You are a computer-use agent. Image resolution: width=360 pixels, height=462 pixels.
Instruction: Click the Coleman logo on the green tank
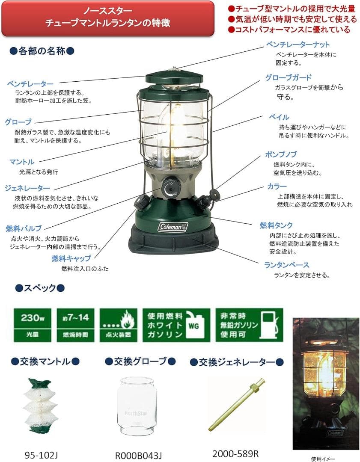(173, 227)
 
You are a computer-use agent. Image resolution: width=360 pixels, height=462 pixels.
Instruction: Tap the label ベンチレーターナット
(298, 44)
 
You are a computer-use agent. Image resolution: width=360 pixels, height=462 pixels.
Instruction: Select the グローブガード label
(289, 77)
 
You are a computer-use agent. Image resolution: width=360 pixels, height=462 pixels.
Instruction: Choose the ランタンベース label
(287, 265)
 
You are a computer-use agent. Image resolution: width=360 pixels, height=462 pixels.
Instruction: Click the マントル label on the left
(22, 162)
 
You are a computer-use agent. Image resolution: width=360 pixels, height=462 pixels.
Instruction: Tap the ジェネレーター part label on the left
(28, 188)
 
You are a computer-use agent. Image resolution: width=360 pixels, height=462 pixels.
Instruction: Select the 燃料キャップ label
(71, 258)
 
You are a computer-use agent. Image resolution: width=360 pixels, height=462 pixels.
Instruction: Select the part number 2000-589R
(236, 453)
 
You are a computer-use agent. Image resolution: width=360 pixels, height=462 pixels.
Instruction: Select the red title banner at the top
(107, 18)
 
